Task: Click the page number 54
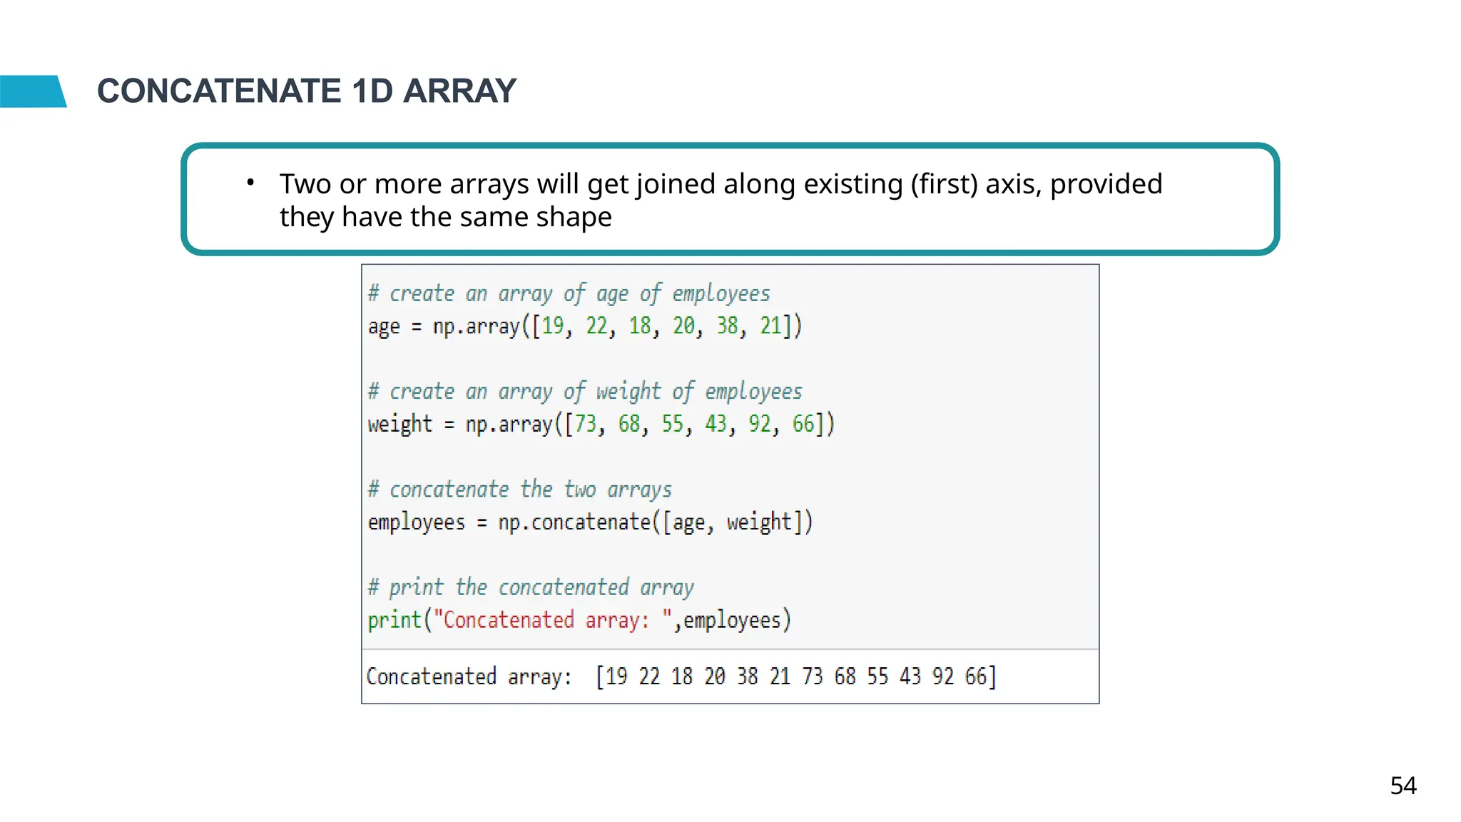point(1403,786)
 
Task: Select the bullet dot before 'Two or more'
point(250,183)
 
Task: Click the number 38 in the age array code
point(727,326)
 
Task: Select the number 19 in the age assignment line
point(552,326)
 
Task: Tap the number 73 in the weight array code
point(585,424)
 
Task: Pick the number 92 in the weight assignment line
point(759,424)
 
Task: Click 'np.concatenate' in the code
point(574,522)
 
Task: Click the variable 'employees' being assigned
point(416,522)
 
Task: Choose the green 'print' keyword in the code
point(394,620)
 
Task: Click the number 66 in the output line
point(975,676)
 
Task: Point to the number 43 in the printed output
point(910,676)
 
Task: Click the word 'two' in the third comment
point(579,489)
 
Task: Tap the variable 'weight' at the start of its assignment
point(399,424)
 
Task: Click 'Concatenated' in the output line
point(431,676)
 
